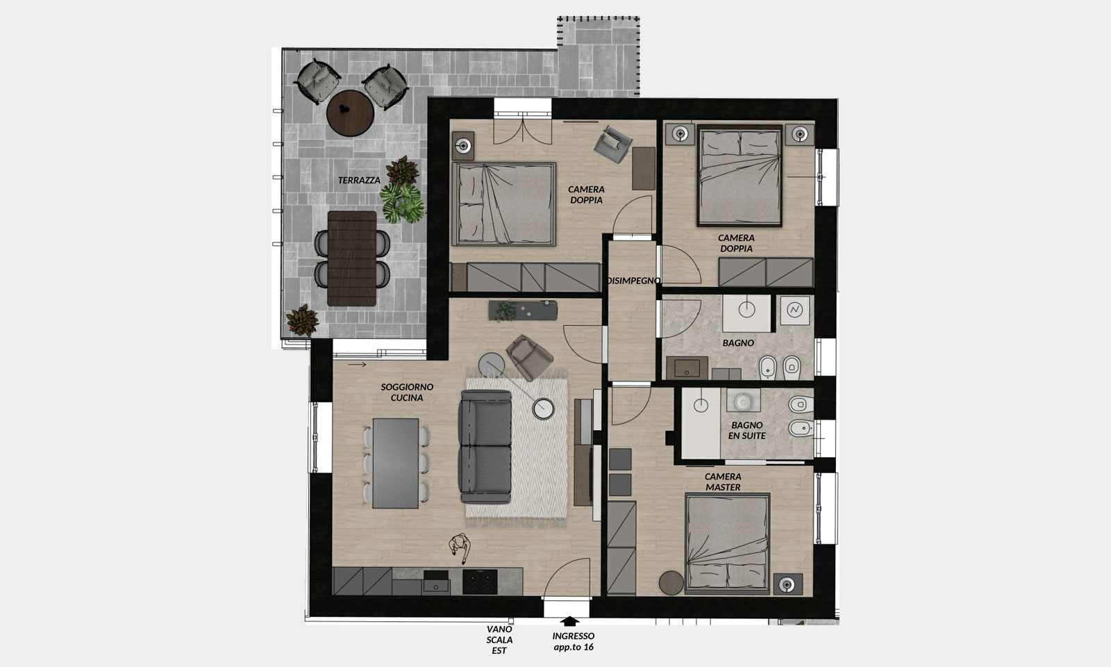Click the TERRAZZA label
[x=359, y=180]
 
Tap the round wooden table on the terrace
[x=350, y=113]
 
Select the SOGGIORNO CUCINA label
[x=407, y=392]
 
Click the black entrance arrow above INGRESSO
[x=569, y=621]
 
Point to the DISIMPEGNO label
[x=634, y=281]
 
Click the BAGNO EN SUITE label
[x=747, y=430]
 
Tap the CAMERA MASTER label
[x=723, y=482]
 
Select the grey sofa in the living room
[x=485, y=447]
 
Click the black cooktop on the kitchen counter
[x=480, y=582]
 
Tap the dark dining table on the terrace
[x=352, y=258]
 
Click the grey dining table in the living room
[x=395, y=463]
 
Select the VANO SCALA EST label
[x=499, y=640]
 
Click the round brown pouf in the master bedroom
[x=671, y=582]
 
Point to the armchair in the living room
[x=529, y=357]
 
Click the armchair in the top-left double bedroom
[x=613, y=144]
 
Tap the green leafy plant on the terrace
[x=403, y=202]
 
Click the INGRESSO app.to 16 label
[x=574, y=641]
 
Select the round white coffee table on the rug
[x=544, y=409]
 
